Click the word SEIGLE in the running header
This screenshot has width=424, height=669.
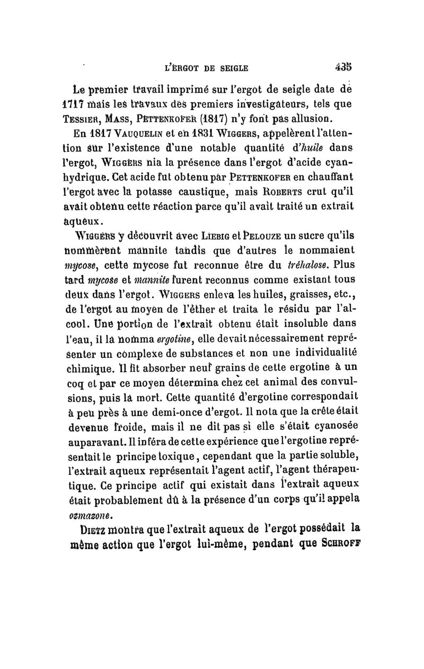point(231,68)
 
